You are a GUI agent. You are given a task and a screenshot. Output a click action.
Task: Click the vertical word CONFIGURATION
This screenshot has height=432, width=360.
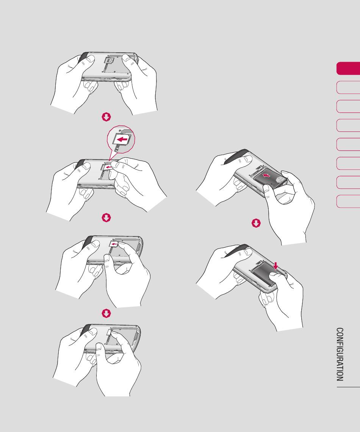click(x=340, y=354)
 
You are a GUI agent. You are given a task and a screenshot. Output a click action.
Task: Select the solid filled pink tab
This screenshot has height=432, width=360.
click(x=348, y=68)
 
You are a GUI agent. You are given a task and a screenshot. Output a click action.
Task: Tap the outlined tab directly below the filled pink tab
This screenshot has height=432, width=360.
click(x=348, y=87)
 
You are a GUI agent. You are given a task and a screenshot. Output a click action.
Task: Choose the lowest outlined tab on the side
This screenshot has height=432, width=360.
click(x=348, y=201)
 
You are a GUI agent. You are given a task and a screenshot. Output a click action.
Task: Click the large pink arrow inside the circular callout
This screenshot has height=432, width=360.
click(x=122, y=139)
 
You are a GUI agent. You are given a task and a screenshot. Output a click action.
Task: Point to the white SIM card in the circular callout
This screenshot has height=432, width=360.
click(x=122, y=140)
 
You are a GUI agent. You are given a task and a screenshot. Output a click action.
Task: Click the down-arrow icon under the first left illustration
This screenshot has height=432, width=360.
click(x=106, y=117)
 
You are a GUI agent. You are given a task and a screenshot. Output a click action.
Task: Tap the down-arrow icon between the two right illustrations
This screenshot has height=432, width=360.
click(x=256, y=223)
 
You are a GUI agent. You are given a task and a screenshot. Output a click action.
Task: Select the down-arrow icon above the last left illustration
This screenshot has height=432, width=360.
click(x=106, y=313)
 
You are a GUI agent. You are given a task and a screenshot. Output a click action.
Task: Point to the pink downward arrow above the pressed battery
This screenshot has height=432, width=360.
click(x=276, y=266)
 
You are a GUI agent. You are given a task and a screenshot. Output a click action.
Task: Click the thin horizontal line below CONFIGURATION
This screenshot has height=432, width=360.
click(x=348, y=387)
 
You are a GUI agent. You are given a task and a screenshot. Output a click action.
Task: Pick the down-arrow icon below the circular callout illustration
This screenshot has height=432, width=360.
click(x=106, y=218)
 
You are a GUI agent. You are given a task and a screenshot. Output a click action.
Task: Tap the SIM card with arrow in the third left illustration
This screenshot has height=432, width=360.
click(x=114, y=244)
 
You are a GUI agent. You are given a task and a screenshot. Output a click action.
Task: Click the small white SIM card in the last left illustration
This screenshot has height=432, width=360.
click(x=108, y=333)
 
